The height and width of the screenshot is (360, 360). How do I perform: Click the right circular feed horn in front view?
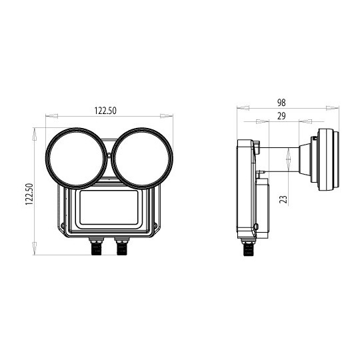click(142, 157)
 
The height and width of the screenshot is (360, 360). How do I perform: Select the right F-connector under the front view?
click(121, 247)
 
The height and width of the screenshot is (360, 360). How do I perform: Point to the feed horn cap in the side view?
click(327, 160)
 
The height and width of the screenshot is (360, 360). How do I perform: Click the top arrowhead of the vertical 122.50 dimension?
click(34, 131)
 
